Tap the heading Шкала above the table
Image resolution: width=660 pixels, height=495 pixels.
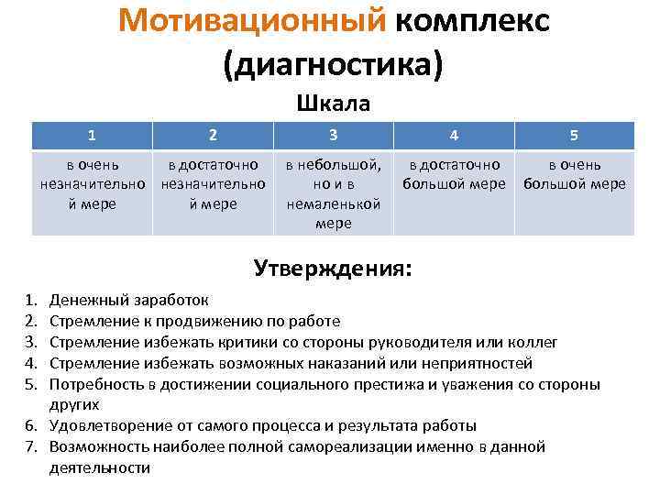tap(333, 104)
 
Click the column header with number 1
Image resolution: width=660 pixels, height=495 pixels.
tap(92, 136)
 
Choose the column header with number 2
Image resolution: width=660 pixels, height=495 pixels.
tap(213, 136)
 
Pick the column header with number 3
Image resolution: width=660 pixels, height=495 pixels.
tap(333, 135)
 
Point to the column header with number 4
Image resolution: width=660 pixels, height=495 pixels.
tap(454, 136)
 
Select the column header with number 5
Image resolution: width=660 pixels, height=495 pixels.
tap(574, 136)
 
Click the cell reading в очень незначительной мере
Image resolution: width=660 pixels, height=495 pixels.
tap(92, 184)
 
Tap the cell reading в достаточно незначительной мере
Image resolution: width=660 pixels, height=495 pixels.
tap(213, 184)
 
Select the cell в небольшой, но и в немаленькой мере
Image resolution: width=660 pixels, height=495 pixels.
tap(333, 193)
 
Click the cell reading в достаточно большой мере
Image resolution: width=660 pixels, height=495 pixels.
tap(454, 174)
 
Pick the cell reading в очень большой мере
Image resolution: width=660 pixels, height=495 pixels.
tap(574, 174)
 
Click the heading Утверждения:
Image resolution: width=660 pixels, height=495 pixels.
tap(333, 269)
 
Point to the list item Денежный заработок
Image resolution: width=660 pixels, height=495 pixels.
tap(128, 300)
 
